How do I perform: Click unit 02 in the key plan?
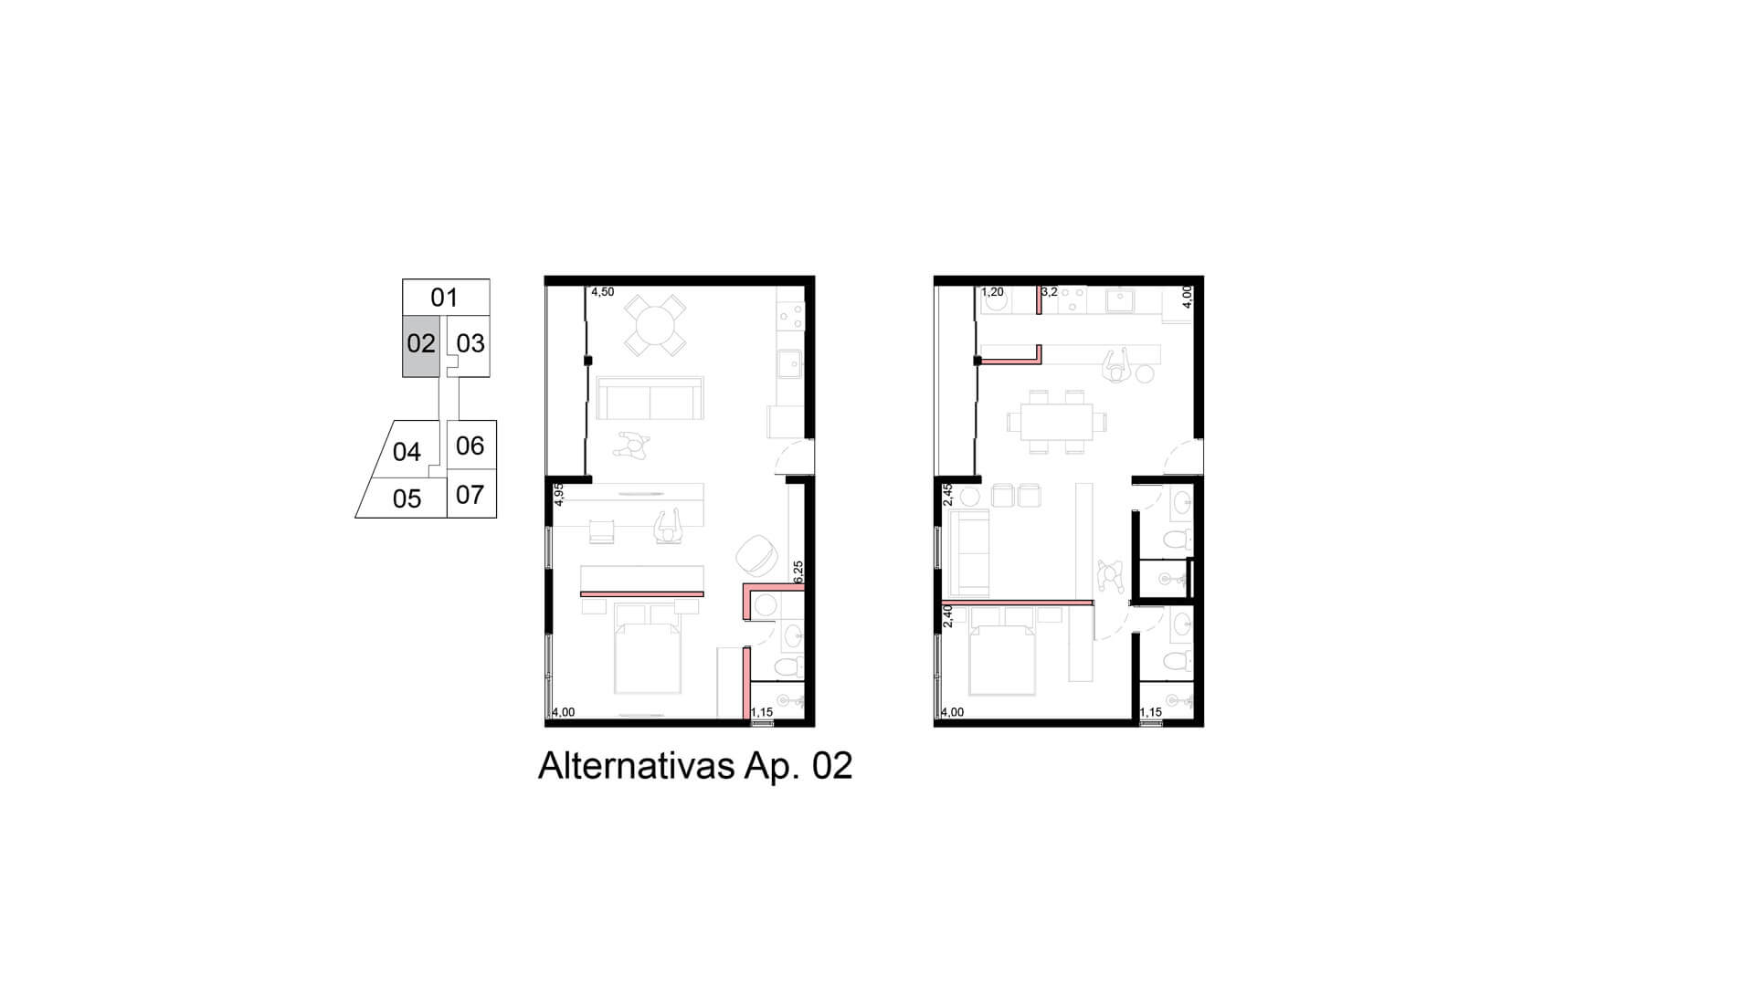tap(421, 346)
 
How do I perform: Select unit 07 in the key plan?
tap(470, 494)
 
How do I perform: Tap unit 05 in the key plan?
tap(407, 498)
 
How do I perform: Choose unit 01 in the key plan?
tap(445, 297)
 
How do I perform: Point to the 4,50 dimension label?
tap(603, 292)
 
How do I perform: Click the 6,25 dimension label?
tap(798, 572)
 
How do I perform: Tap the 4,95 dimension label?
tap(559, 494)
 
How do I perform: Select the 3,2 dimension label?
tap(1049, 292)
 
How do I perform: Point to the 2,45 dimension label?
tap(948, 494)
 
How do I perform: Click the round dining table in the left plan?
tap(655, 324)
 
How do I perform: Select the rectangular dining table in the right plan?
tap(1056, 422)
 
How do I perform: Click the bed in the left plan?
tap(648, 647)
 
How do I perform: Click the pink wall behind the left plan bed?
tap(642, 594)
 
